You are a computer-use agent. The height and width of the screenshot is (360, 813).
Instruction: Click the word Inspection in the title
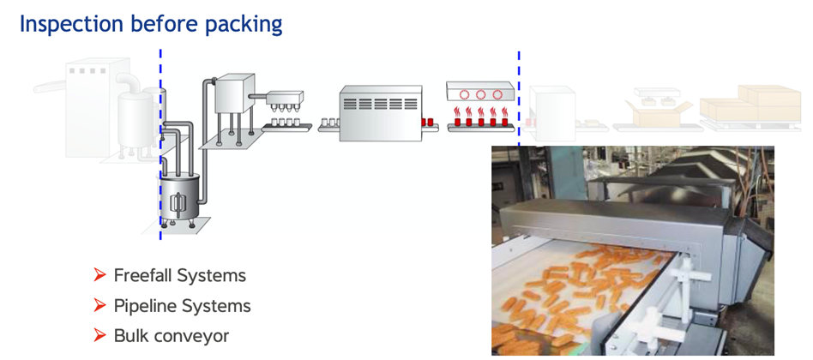click(x=69, y=23)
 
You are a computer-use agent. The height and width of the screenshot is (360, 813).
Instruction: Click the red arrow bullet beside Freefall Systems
click(x=100, y=275)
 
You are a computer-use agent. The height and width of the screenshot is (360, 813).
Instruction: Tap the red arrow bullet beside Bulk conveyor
click(x=100, y=335)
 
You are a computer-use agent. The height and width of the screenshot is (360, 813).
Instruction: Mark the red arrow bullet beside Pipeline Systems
click(x=100, y=305)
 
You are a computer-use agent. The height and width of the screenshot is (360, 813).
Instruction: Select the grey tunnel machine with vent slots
click(x=381, y=111)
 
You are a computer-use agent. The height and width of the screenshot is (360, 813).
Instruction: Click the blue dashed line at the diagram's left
click(x=160, y=137)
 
